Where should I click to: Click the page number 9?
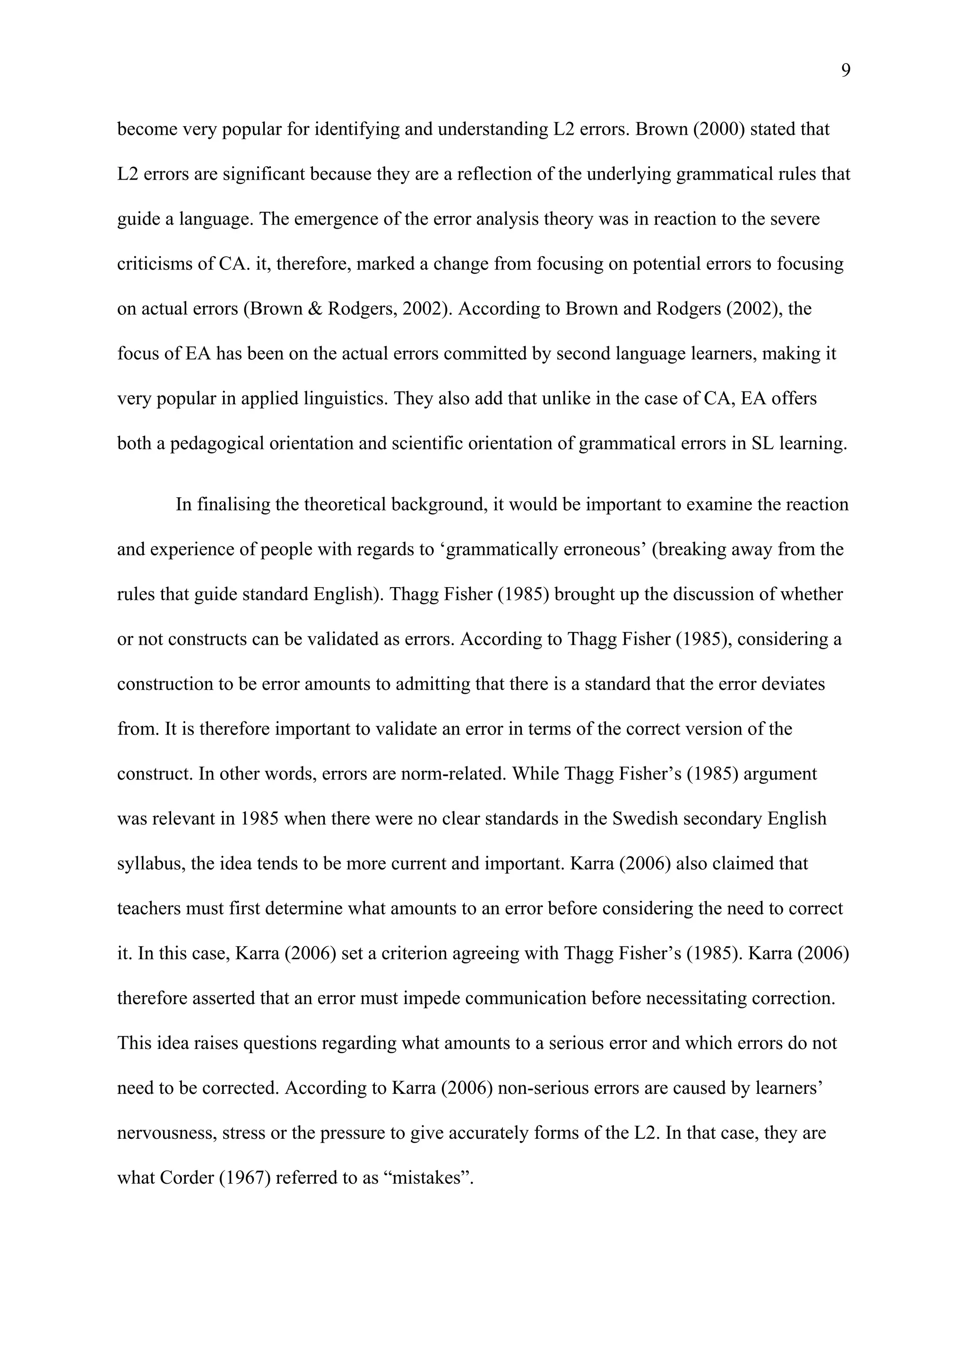(x=845, y=71)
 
